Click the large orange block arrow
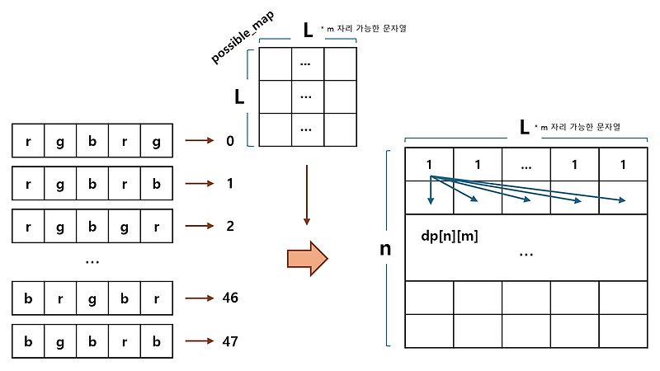point(307,260)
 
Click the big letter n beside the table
point(384,248)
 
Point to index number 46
point(230,298)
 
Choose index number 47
point(230,340)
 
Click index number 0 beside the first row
point(230,141)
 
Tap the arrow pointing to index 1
point(200,184)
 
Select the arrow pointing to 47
point(200,340)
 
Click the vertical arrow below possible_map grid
point(306,195)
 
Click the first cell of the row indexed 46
point(29,298)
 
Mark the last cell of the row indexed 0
point(156,141)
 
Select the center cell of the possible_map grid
point(306,96)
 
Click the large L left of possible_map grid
point(239,96)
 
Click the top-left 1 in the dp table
point(430,165)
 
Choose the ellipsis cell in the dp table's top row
point(526,165)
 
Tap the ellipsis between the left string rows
point(92,261)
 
